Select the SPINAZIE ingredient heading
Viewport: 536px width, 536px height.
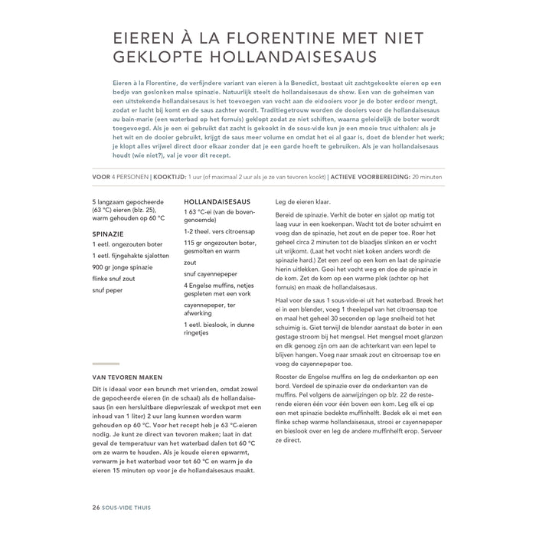(x=108, y=230)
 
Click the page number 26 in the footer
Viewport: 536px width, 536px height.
(x=96, y=508)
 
